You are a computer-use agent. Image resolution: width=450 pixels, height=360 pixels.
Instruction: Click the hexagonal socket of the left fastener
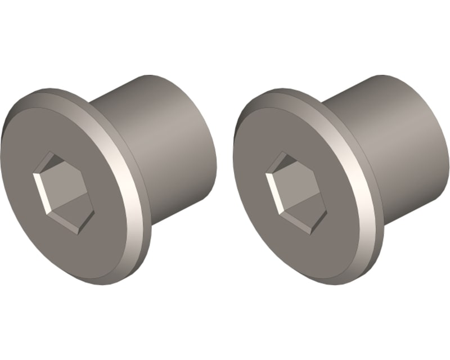[x=62, y=191]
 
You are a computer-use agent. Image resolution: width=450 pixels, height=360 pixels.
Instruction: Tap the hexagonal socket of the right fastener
[x=294, y=192]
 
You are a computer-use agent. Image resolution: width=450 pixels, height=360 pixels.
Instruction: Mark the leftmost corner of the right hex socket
[x=266, y=174]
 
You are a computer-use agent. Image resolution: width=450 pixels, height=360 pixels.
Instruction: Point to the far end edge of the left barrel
[x=211, y=141]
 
